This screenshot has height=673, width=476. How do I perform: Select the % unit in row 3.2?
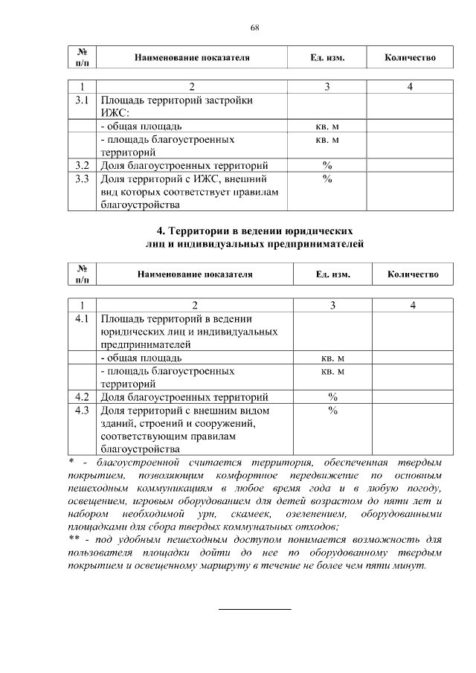[327, 165]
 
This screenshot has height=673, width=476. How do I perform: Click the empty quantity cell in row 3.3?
[410, 191]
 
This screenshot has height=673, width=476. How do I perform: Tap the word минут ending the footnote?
[410, 565]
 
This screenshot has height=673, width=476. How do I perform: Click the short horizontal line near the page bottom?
[254, 609]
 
